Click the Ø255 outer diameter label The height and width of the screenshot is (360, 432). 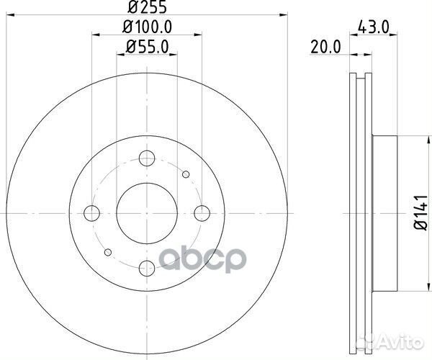148,10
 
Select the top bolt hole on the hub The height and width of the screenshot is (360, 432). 148,158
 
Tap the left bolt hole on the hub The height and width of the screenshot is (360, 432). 92,213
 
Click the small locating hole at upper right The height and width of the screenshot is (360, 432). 186,174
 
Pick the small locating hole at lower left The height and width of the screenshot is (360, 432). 109,252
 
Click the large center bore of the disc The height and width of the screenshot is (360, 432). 148,212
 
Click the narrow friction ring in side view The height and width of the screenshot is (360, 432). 356,212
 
